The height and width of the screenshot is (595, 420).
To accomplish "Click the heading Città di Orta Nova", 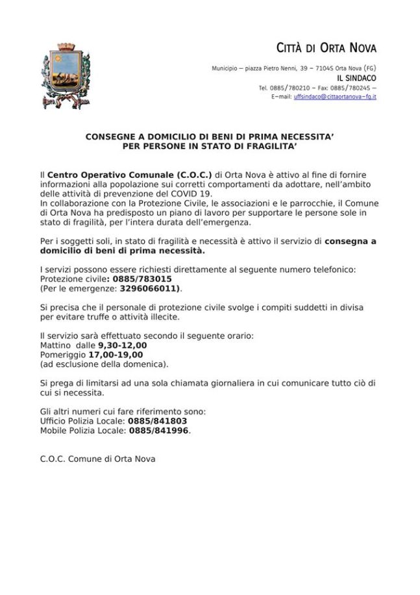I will (327, 48).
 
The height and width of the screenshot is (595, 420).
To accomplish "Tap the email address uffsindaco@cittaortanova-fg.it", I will (335, 97).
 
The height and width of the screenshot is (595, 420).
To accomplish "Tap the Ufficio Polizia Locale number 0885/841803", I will (158, 421).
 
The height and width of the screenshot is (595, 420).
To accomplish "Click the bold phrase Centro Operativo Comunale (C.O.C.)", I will (130, 175).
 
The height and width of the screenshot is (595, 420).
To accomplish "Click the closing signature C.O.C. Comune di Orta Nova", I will (97, 459).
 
